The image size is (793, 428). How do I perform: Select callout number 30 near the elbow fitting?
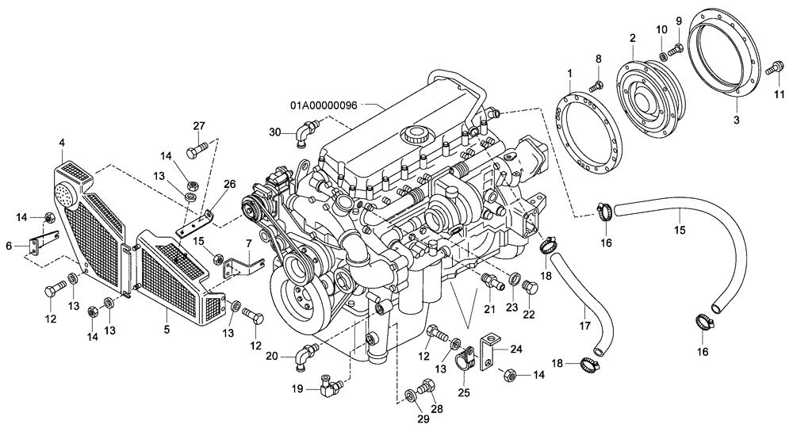[275, 132]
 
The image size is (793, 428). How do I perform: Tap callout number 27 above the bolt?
[198, 125]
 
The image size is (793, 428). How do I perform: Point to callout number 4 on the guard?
[61, 143]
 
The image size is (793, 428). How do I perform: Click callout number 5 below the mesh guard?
[167, 327]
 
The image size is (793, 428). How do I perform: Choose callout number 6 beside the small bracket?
[9, 246]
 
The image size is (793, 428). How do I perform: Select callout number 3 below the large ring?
[736, 120]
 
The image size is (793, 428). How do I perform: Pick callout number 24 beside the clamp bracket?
[516, 348]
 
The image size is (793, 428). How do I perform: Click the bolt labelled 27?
[197, 148]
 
